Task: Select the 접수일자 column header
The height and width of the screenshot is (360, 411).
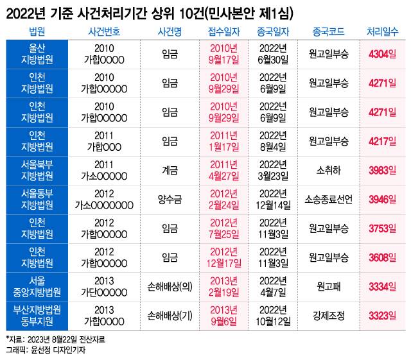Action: (224, 31)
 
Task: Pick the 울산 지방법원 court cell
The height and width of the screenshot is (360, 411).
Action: (37, 55)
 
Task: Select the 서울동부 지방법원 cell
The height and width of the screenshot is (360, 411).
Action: (37, 200)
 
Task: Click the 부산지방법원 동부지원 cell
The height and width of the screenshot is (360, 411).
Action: (37, 315)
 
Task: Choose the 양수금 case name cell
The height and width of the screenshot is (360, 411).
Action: (170, 200)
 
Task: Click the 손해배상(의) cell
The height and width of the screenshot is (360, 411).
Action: (170, 286)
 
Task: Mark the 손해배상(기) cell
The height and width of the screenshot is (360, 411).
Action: (170, 315)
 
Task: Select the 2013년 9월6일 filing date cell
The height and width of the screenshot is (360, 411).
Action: (224, 315)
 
